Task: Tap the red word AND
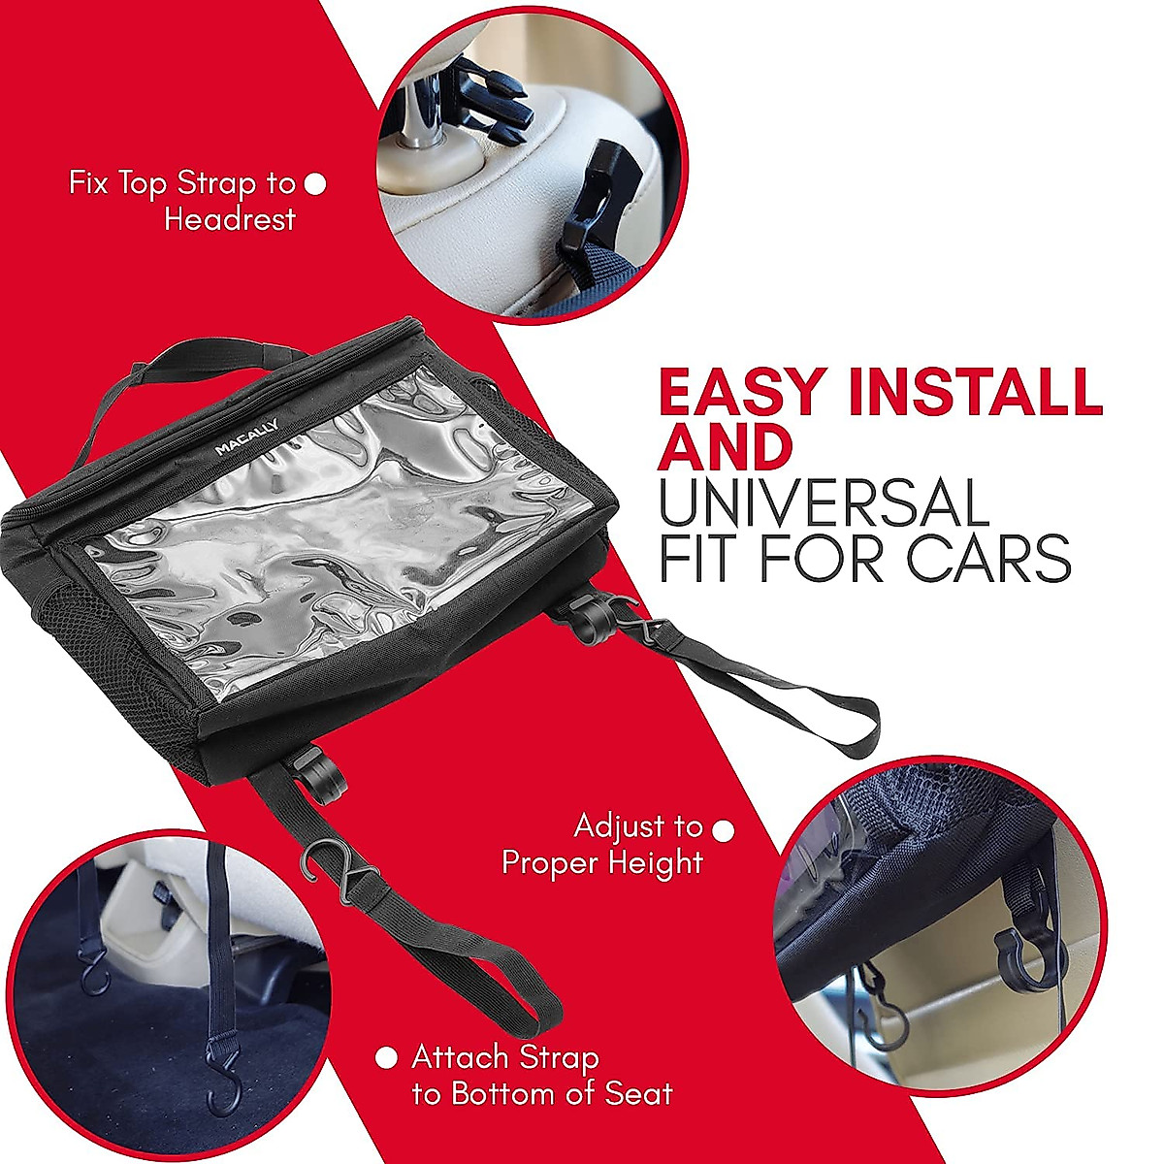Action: click(726, 448)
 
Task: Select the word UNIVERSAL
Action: click(824, 504)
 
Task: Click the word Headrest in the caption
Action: click(230, 219)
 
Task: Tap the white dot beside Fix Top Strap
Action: click(315, 183)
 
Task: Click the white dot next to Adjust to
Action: click(724, 830)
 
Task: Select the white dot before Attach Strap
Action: click(386, 1058)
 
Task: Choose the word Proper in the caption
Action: click(549, 861)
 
